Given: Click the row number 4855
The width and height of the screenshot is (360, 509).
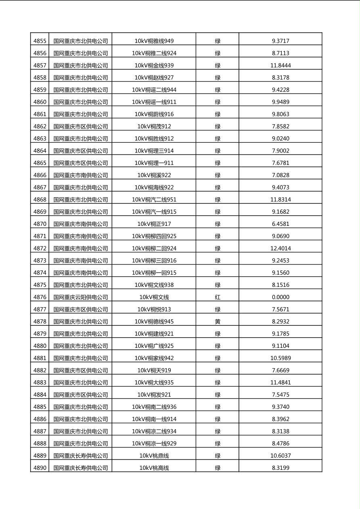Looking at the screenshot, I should point(40,41).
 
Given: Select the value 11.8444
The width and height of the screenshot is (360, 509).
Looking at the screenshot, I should point(280,65).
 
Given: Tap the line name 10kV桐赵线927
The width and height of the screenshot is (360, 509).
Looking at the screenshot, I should point(154,77).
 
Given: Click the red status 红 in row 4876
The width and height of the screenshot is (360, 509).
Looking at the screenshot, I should point(218,297).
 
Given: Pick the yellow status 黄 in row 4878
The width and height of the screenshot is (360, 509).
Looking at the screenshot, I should point(218,321).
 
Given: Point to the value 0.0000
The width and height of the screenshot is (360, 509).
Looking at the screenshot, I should point(280,297).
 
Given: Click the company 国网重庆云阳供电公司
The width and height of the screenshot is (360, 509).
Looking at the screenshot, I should point(81,297).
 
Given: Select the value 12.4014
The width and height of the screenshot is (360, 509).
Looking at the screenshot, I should point(280,248).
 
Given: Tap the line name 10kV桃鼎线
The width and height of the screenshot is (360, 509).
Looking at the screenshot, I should point(154,456).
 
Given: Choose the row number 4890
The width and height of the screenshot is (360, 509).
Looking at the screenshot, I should point(40,468).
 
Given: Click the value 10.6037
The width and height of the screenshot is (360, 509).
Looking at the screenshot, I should point(280,456).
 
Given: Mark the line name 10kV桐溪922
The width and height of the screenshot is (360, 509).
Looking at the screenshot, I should point(154,175).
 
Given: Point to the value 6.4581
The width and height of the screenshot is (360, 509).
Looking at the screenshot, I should point(280,224).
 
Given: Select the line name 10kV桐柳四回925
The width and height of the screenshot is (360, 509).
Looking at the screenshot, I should point(154,236).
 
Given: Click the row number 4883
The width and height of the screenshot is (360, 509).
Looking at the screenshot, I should point(40,382).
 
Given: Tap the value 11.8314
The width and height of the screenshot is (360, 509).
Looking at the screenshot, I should point(280,200).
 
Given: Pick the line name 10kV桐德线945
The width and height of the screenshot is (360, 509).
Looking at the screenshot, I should point(154,321).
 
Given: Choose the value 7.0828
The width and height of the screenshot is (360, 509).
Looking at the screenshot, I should point(280,175).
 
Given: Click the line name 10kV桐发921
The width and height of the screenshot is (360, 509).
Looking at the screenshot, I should point(154,395).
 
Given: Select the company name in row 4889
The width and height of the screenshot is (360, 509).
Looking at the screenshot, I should point(81,456).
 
